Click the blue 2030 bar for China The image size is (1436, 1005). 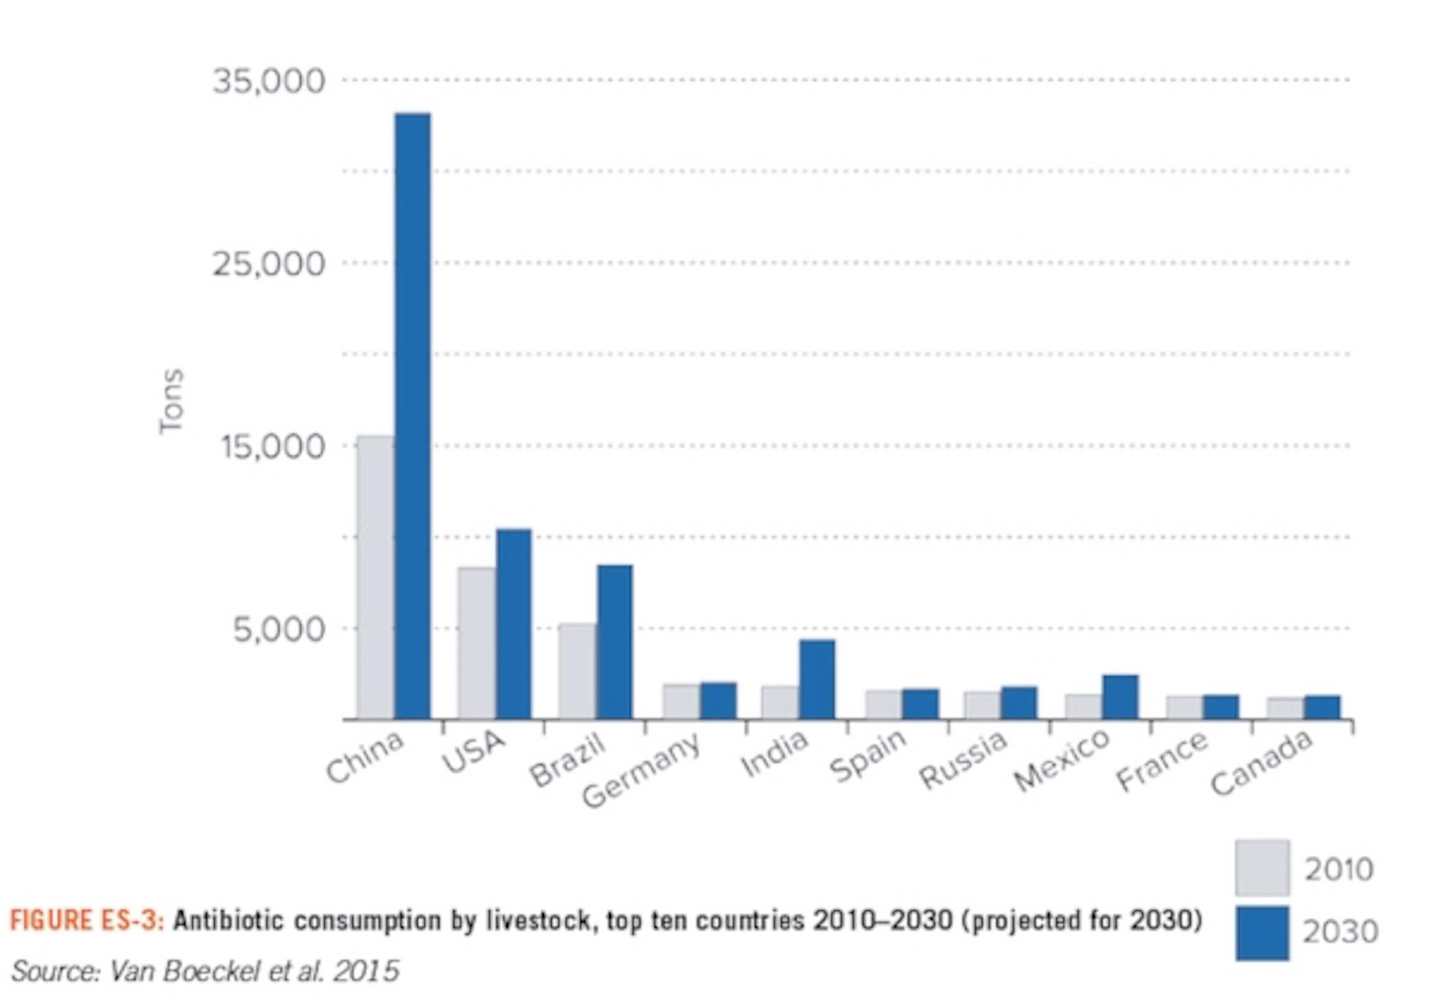pyautogui.click(x=412, y=416)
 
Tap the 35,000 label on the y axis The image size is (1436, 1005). pyautogui.click(x=269, y=81)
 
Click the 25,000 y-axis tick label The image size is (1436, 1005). pyautogui.click(x=269, y=264)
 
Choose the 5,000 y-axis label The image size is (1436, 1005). pyautogui.click(x=279, y=629)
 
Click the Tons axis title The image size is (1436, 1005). pyautogui.click(x=171, y=401)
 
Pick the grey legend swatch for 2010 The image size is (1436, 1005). pyautogui.click(x=1262, y=868)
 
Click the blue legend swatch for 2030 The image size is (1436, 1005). pyautogui.click(x=1262, y=933)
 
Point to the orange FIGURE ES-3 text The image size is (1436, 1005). pyautogui.click(x=86, y=920)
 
